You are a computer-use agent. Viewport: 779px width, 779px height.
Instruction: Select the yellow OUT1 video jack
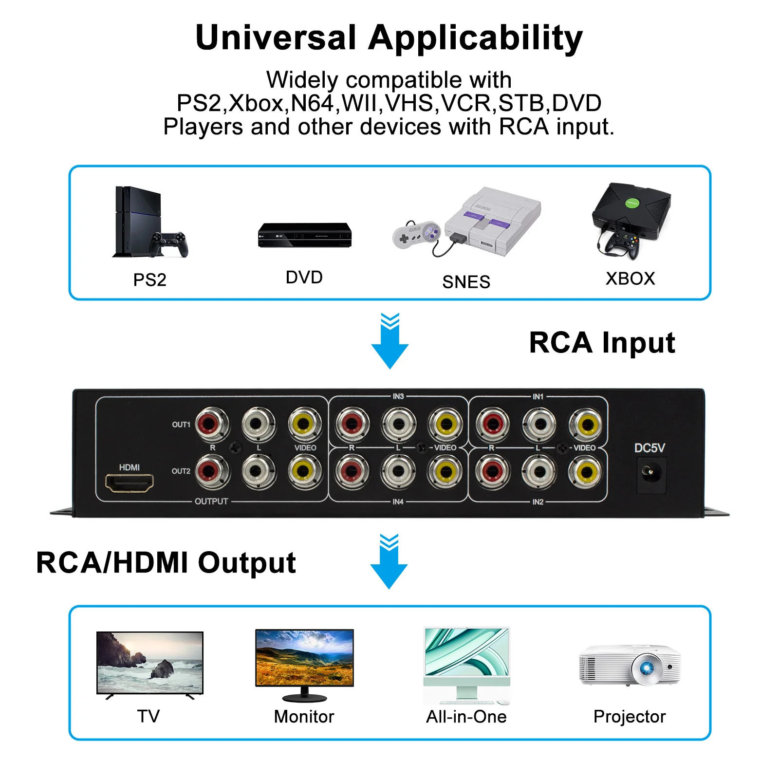pyautogui.click(x=305, y=424)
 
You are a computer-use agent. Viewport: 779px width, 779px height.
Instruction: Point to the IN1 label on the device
pyautogui.click(x=538, y=397)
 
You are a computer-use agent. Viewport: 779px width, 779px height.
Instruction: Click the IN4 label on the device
pyautogui.click(x=398, y=501)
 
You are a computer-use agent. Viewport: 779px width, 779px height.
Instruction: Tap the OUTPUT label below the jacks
pyautogui.click(x=211, y=501)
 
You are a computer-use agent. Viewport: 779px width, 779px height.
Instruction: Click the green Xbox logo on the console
pyautogui.click(x=632, y=203)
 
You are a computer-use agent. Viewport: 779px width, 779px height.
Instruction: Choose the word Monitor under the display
pyautogui.click(x=304, y=717)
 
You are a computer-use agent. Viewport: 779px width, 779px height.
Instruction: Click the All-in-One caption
pyautogui.click(x=466, y=717)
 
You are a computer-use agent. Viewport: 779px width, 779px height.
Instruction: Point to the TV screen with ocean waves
pyautogui.click(x=149, y=662)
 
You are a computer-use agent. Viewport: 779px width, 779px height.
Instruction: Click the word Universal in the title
pyautogui.click(x=276, y=37)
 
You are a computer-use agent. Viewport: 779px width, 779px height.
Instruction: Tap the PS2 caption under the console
pyautogui.click(x=149, y=280)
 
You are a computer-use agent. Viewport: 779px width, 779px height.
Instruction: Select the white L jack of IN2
pyautogui.click(x=538, y=471)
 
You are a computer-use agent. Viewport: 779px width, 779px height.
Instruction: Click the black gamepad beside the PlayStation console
pyautogui.click(x=169, y=243)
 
